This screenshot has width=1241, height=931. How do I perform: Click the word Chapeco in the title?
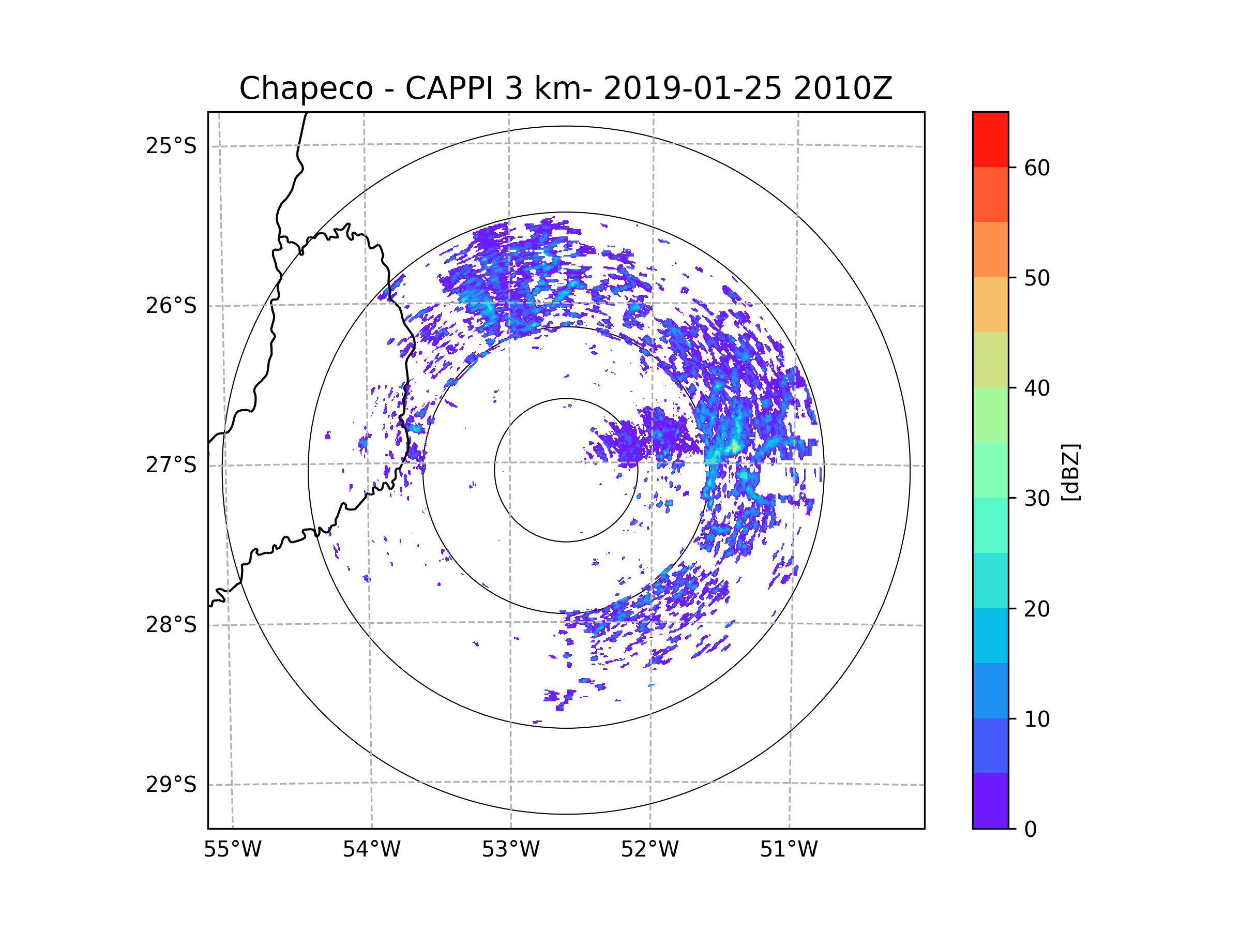306,88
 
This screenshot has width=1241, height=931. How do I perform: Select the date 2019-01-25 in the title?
692,88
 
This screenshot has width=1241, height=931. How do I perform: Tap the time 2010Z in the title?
843,88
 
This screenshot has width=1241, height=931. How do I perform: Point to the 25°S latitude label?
171,146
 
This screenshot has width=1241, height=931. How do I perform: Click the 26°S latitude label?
171,306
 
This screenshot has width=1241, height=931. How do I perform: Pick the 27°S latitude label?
171,465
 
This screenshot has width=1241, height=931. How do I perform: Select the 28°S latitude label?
171,625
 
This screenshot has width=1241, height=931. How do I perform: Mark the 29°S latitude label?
171,785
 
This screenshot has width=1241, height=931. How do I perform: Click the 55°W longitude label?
232,850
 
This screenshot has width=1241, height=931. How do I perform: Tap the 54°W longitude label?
371,850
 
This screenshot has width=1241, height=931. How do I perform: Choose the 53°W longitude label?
510,850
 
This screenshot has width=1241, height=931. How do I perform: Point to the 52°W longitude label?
649,850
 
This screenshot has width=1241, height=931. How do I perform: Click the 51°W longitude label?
789,850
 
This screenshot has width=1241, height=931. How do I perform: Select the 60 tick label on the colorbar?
1037,168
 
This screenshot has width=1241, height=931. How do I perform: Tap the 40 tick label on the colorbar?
1037,388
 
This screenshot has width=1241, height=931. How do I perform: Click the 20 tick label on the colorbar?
1037,609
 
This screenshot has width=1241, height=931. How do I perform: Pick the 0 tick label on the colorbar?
1031,830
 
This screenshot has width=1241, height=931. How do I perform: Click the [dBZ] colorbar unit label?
1070,473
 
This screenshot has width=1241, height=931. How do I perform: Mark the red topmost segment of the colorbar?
990,139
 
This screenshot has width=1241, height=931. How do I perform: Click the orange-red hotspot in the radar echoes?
734,447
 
